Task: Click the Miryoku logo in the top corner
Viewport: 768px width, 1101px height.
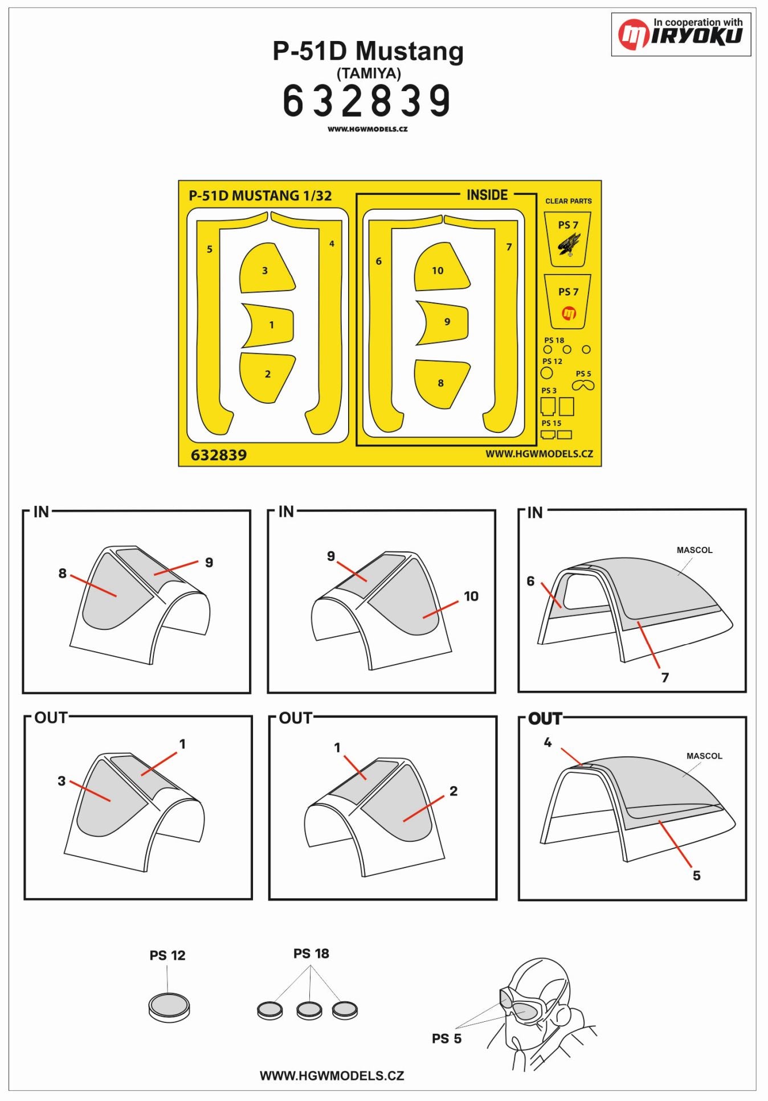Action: pyautogui.click(x=681, y=34)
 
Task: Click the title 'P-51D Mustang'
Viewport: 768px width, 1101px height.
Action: pyautogui.click(x=368, y=51)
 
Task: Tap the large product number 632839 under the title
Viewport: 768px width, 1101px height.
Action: pyautogui.click(x=367, y=101)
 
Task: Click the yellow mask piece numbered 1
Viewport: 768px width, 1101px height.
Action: pyautogui.click(x=271, y=325)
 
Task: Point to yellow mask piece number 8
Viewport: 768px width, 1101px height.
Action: pyautogui.click(x=440, y=383)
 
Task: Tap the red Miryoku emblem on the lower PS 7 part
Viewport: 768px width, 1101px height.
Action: pyautogui.click(x=569, y=313)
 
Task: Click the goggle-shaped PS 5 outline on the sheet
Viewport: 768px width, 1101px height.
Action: pyautogui.click(x=583, y=386)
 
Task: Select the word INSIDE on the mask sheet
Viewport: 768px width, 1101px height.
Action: pyautogui.click(x=487, y=195)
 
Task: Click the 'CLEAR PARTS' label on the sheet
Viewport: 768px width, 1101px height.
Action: pyautogui.click(x=568, y=201)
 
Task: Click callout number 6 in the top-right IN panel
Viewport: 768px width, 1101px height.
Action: pyautogui.click(x=530, y=581)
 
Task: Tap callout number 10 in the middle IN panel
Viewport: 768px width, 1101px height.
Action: pyautogui.click(x=471, y=596)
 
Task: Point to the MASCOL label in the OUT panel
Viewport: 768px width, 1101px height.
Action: pyautogui.click(x=704, y=756)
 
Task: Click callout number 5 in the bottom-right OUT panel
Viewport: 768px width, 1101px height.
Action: pyautogui.click(x=696, y=875)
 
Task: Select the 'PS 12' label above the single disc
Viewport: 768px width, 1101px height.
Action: pyautogui.click(x=168, y=955)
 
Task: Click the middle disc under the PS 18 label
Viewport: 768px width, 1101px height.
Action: pyautogui.click(x=309, y=1011)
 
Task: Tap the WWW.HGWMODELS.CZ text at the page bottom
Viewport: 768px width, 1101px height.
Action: pyautogui.click(x=332, y=1075)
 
